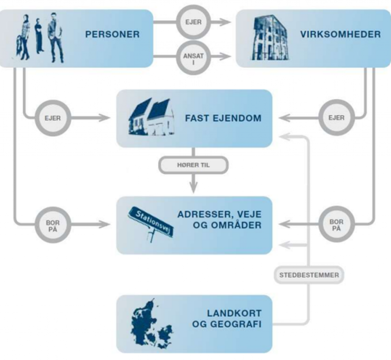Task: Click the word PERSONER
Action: [112, 34]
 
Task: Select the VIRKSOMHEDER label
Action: [340, 34]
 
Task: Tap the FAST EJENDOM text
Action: [223, 118]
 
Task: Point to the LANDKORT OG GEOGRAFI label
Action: [234, 319]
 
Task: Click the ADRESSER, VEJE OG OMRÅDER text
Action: [219, 220]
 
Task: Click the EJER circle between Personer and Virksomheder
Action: [193, 22]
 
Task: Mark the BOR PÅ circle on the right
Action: [336, 225]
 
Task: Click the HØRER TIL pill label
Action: [193, 166]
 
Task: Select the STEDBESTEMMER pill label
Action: [309, 275]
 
